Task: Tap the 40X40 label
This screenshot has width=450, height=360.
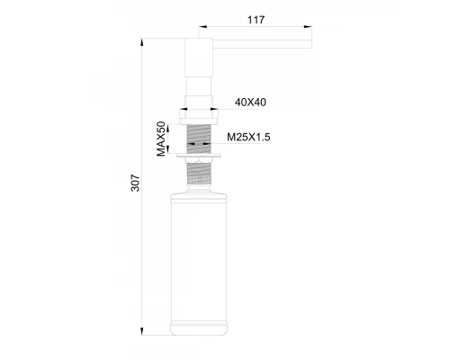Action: pos(249,103)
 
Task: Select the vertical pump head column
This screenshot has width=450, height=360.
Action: pos(197,67)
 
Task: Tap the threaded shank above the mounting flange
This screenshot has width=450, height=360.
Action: pos(199,137)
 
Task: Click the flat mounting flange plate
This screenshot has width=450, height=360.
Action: pos(200,157)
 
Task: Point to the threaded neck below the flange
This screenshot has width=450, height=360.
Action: pos(200,173)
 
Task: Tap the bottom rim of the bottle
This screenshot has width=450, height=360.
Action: pos(200,329)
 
